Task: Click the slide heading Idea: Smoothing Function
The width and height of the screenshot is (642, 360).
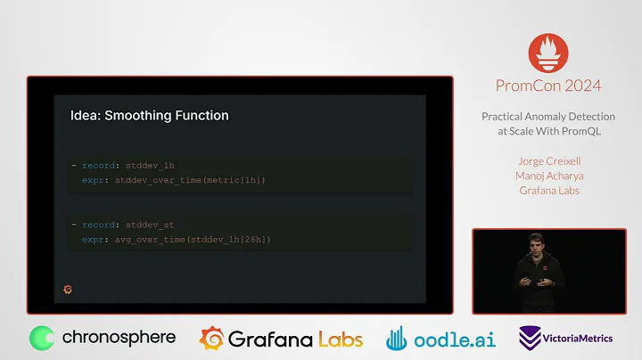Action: (x=149, y=116)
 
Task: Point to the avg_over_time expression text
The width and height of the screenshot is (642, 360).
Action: (x=189, y=239)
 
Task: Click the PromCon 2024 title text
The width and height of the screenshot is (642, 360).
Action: (x=548, y=86)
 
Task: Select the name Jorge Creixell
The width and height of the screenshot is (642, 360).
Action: (x=548, y=161)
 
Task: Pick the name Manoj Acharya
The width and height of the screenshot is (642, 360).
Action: (x=548, y=175)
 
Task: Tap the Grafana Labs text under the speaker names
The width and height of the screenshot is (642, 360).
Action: (x=548, y=189)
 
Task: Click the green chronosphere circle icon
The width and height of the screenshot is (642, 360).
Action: (x=42, y=339)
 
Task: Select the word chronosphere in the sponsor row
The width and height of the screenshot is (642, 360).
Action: (x=119, y=339)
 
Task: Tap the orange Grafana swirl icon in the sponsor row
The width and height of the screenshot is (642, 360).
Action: (x=211, y=339)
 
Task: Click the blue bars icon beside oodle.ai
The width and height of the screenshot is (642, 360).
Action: (x=398, y=339)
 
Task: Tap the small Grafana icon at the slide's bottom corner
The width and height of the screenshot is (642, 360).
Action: (x=69, y=290)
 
